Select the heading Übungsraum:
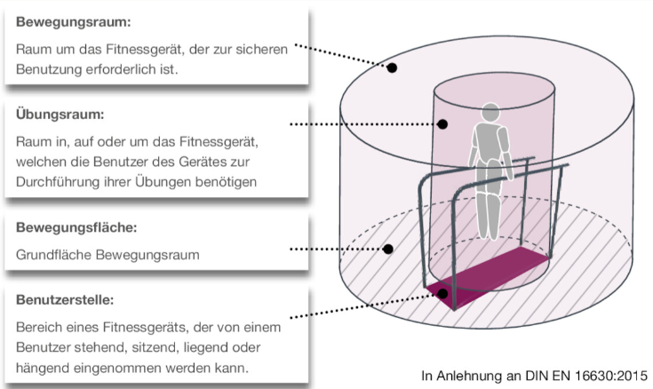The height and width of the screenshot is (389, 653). pyautogui.click(x=60, y=114)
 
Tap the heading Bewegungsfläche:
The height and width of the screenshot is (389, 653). pyautogui.click(x=76, y=227)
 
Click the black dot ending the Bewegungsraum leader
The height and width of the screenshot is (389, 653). pyautogui.click(x=391, y=67)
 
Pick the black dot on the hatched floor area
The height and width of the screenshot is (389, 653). pyautogui.click(x=388, y=250)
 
